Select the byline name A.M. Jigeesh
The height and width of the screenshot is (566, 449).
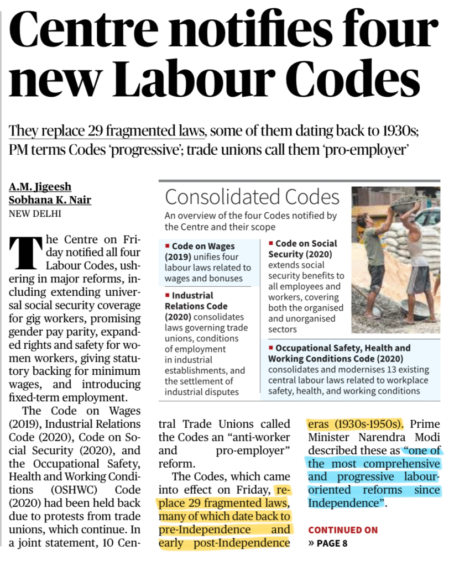tap(40, 187)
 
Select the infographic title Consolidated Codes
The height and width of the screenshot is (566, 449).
tap(252, 197)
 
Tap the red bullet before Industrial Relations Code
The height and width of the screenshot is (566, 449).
tap(167, 295)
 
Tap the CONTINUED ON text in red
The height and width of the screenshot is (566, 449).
tap(343, 530)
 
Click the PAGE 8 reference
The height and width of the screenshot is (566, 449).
tap(332, 543)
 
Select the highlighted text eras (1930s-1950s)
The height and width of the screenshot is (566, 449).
tap(355, 424)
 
